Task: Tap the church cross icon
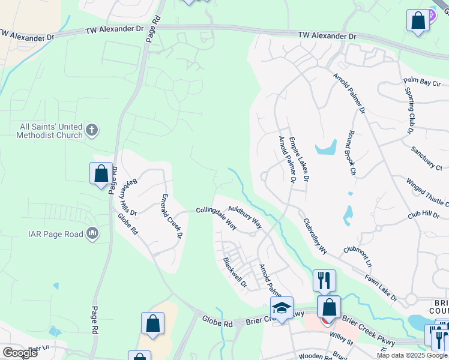pyautogui.click(x=91, y=129)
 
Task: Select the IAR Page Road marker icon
pyautogui.click(x=92, y=233)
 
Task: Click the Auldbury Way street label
pyautogui.click(x=245, y=217)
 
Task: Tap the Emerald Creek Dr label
pyautogui.click(x=171, y=216)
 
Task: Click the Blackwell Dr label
pyautogui.click(x=235, y=272)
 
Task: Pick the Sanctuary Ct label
pyautogui.click(x=427, y=159)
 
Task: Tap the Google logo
pyautogui.click(x=20, y=352)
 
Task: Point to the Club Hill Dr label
pyautogui.click(x=423, y=214)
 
